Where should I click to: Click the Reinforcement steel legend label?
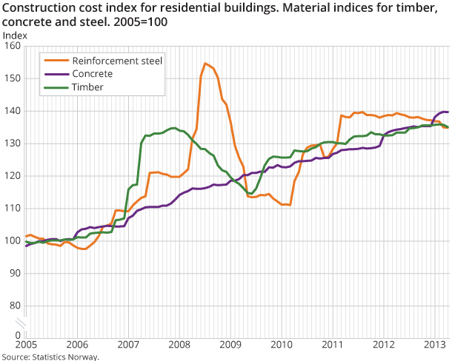point(117,60)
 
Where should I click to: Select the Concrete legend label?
point(94,73)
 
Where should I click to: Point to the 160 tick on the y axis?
point(12,46)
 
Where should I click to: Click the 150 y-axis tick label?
point(12,78)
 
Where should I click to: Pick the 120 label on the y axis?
point(12,176)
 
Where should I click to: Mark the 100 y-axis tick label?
point(12,241)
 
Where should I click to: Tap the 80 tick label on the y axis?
point(14,306)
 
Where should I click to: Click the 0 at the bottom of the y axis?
point(17,335)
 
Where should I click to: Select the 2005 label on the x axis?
point(26,345)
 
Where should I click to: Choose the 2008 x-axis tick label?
point(179,345)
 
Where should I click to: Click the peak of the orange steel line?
point(205,64)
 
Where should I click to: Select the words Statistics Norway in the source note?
point(65,357)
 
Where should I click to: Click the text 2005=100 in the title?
point(138,22)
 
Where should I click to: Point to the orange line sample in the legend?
point(53,60)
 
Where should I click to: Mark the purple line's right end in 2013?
point(448,112)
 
